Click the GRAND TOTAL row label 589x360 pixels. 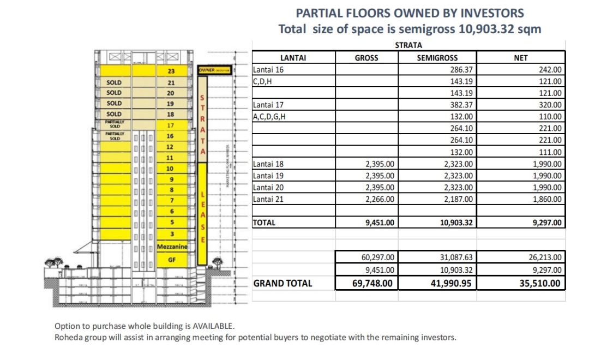pyautogui.click(x=283, y=283)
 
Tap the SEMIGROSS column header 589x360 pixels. pyautogui.click(x=437, y=57)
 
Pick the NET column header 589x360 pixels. pyautogui.click(x=520, y=57)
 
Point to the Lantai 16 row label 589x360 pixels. pyautogui.click(x=268, y=70)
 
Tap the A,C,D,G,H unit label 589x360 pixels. pyautogui.click(x=269, y=117)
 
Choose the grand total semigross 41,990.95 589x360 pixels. pyautogui.click(x=451, y=284)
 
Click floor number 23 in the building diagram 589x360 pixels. pyautogui.click(x=171, y=71)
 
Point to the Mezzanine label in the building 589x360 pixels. pyautogui.click(x=172, y=247)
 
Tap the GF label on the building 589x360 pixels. pyautogui.click(x=171, y=260)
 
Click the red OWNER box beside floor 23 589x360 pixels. pyautogui.click(x=215, y=70)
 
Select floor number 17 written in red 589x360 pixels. pyautogui.click(x=170, y=125)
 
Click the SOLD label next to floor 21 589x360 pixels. pyautogui.click(x=114, y=83)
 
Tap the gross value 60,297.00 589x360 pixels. pyautogui.click(x=377, y=257)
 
